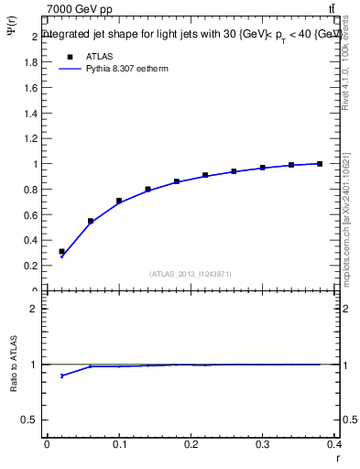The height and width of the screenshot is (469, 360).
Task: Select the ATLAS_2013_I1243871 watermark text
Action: pos(190,274)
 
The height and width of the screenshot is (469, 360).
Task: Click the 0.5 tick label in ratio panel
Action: pos(33,420)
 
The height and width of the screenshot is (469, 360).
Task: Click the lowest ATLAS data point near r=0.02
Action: pos(61,251)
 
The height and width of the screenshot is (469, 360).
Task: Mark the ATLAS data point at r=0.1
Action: pos(119,201)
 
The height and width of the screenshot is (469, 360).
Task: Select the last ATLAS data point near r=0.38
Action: pos(320,164)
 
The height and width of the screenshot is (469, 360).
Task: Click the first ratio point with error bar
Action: pos(61,376)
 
